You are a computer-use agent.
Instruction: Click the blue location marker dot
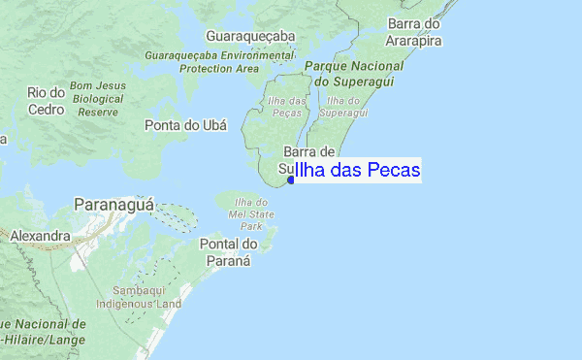[291, 180]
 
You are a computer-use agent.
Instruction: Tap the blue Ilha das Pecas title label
[357, 171]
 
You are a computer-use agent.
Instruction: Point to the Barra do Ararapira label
[414, 32]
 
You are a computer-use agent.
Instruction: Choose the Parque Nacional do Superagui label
[353, 73]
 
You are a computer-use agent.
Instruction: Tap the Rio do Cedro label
[46, 100]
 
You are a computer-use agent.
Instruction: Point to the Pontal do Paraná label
[225, 252]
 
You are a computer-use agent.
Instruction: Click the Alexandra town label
[40, 236]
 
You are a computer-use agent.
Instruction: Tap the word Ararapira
[414, 40]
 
